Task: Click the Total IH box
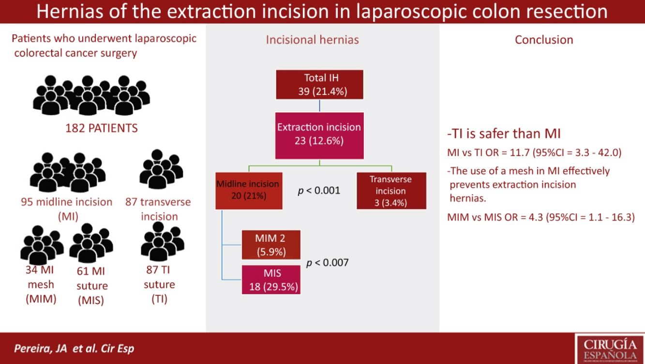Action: [319, 84]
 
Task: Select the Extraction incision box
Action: [319, 135]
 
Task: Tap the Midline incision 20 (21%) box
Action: [248, 190]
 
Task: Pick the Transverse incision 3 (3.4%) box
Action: [391, 191]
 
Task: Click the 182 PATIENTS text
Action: [102, 128]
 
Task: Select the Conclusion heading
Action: [544, 40]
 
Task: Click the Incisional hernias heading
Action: [312, 40]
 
